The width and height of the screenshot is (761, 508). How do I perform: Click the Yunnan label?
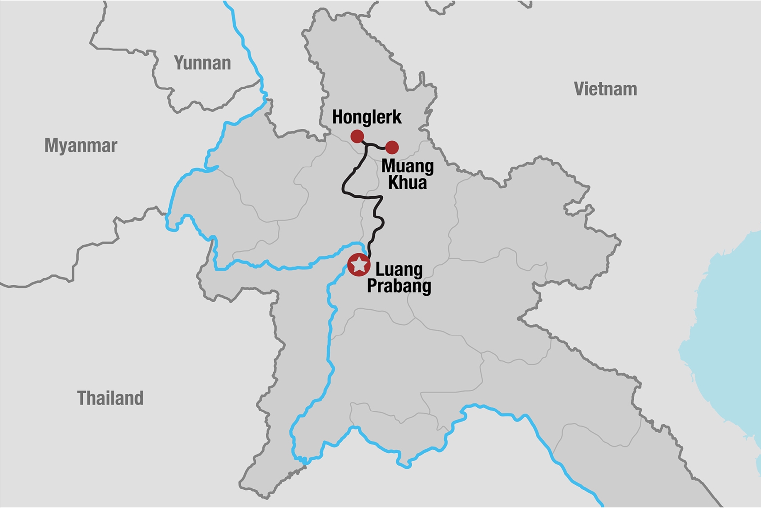pos(202,63)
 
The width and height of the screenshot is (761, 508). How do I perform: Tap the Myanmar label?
pos(81,146)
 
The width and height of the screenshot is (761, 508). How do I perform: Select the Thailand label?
pos(110,398)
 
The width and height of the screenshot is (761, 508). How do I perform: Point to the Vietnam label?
pos(605,89)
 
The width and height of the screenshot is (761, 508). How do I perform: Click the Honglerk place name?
pos(367,117)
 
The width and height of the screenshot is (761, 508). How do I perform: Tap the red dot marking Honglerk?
pos(357,136)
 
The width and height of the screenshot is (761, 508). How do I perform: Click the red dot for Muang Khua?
pos(392,147)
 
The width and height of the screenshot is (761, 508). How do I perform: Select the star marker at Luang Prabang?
pos(359,265)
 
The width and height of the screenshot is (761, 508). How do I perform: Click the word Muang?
pos(407,166)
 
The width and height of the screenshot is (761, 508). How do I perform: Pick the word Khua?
pos(407,183)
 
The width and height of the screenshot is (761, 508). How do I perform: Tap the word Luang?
pos(399,270)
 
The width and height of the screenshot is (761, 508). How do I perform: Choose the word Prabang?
pos(399,286)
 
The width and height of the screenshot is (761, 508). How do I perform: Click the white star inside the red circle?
pos(359,265)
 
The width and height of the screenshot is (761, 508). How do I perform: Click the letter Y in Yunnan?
pos(179,63)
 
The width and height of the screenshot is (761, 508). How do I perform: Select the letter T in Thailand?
pos(82,398)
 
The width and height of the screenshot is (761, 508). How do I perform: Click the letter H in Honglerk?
pos(338,117)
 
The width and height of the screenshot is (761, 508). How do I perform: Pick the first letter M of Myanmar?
pos(51,146)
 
